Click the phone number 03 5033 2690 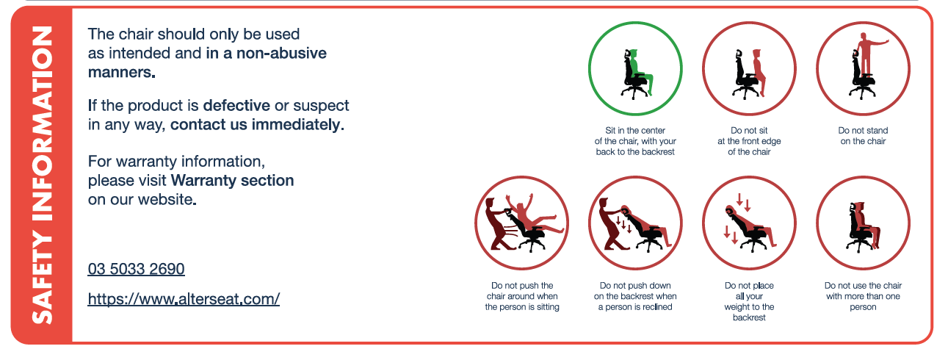(x=136, y=269)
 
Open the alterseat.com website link (x=184, y=299)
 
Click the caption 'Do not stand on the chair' (x=863, y=136)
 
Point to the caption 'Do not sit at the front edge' (x=749, y=141)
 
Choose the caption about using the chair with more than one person (x=863, y=296)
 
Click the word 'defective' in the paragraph (x=236, y=105)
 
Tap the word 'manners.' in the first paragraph (x=121, y=73)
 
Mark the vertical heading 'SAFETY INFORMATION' (x=43, y=175)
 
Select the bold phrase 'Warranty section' (x=232, y=181)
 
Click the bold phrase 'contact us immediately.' (x=257, y=124)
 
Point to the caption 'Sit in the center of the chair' (x=635, y=141)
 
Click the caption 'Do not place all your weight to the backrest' (x=749, y=301)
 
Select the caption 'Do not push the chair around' (x=522, y=296)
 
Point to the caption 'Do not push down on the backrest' (x=635, y=296)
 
